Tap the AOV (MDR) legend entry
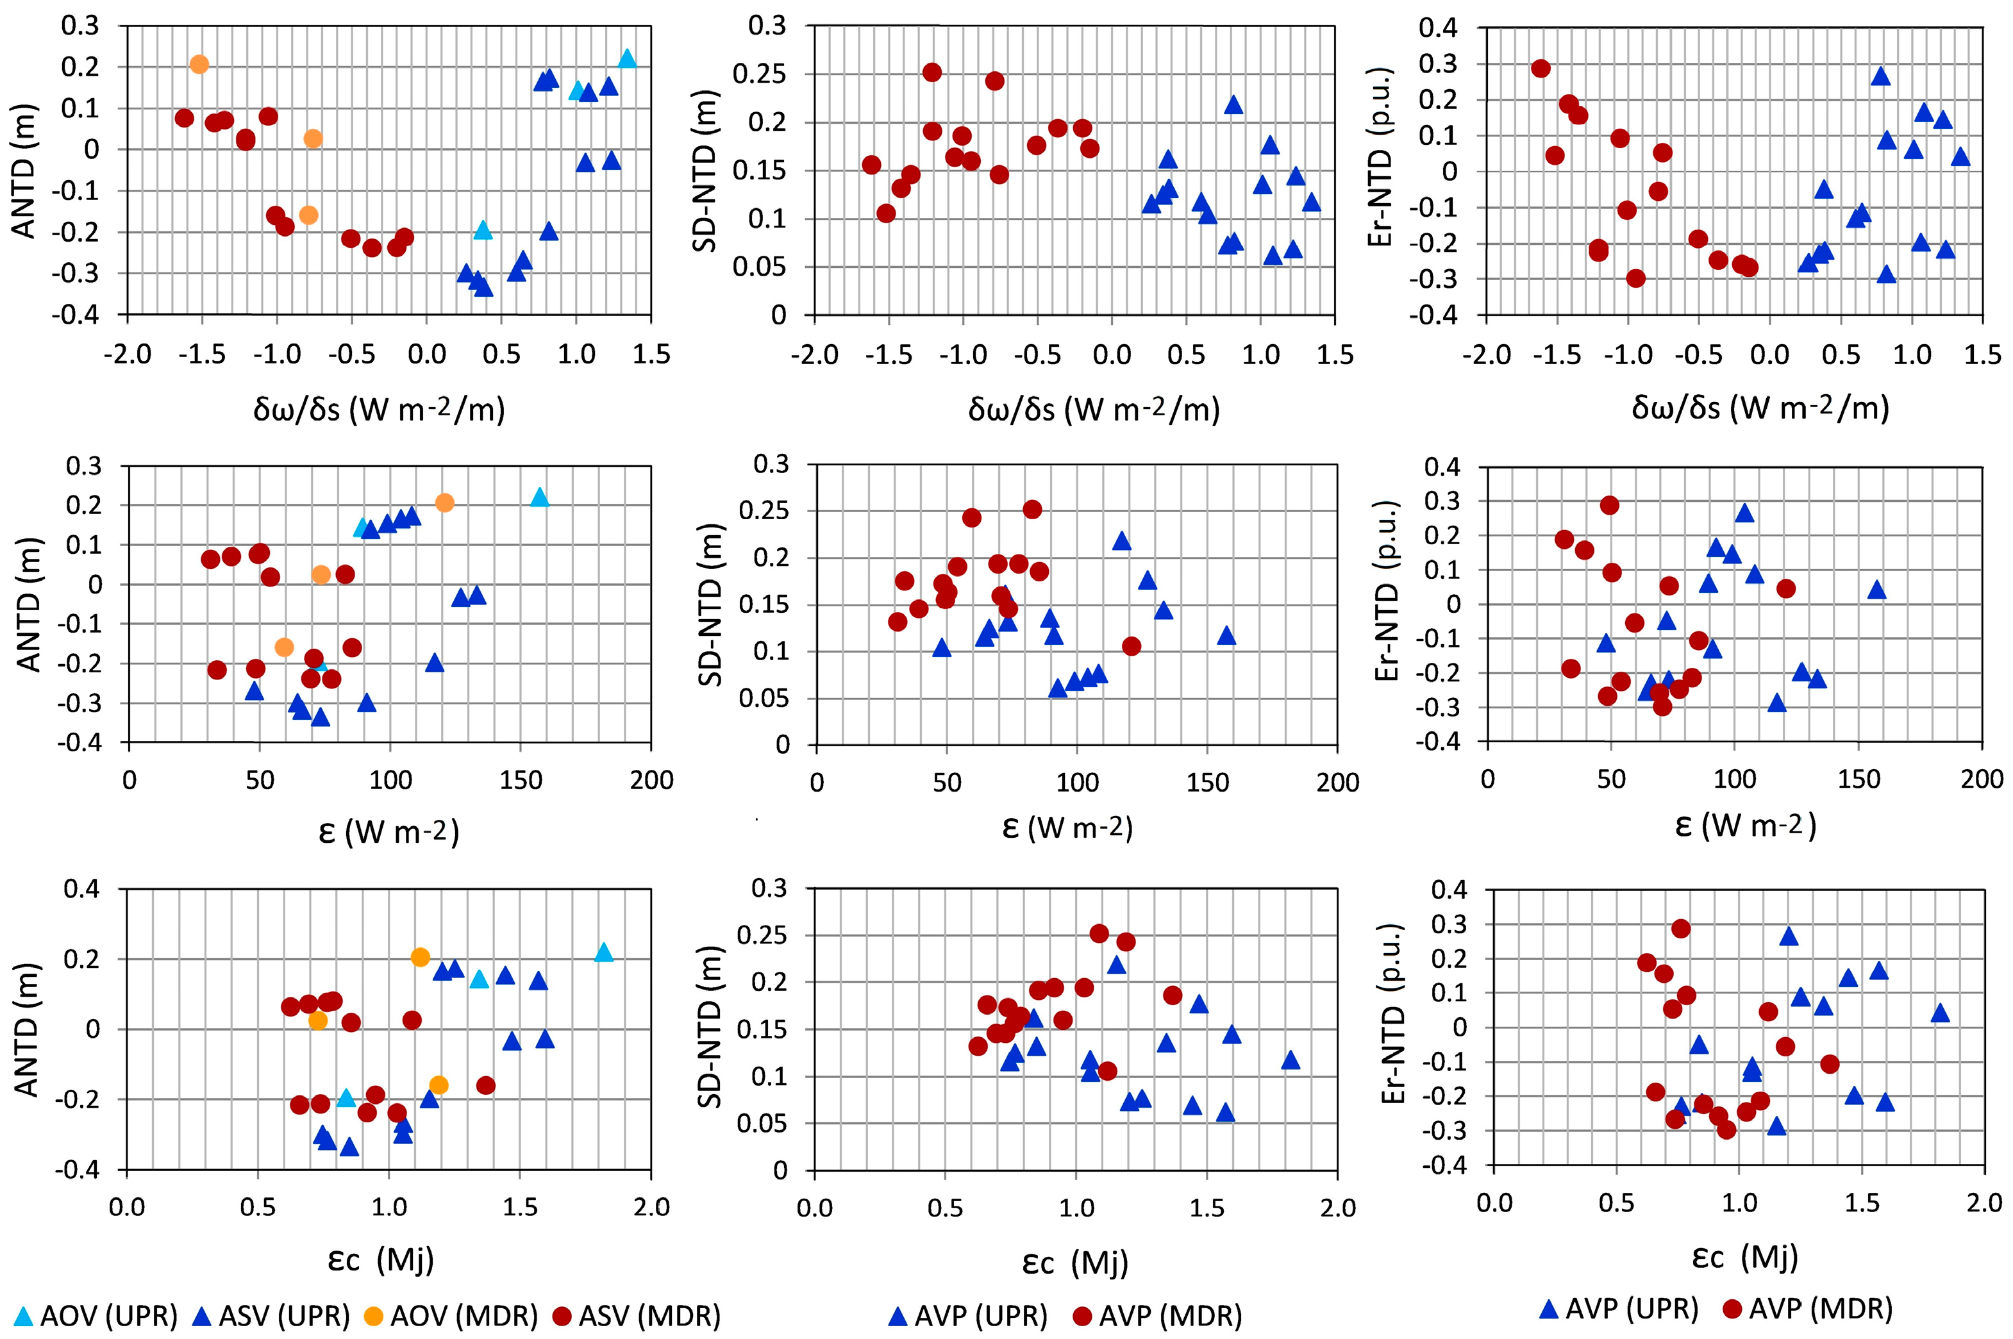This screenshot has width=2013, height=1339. click(x=461, y=1315)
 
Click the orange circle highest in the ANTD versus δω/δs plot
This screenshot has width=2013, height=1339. click(x=199, y=64)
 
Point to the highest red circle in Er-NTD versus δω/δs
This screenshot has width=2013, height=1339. click(x=1541, y=69)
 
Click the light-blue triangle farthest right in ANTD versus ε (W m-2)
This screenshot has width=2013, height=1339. click(x=539, y=497)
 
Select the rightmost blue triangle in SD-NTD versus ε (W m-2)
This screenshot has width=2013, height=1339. click(x=1226, y=635)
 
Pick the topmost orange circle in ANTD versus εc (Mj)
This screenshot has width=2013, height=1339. click(x=420, y=957)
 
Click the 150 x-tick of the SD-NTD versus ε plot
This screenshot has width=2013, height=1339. click(x=1207, y=781)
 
